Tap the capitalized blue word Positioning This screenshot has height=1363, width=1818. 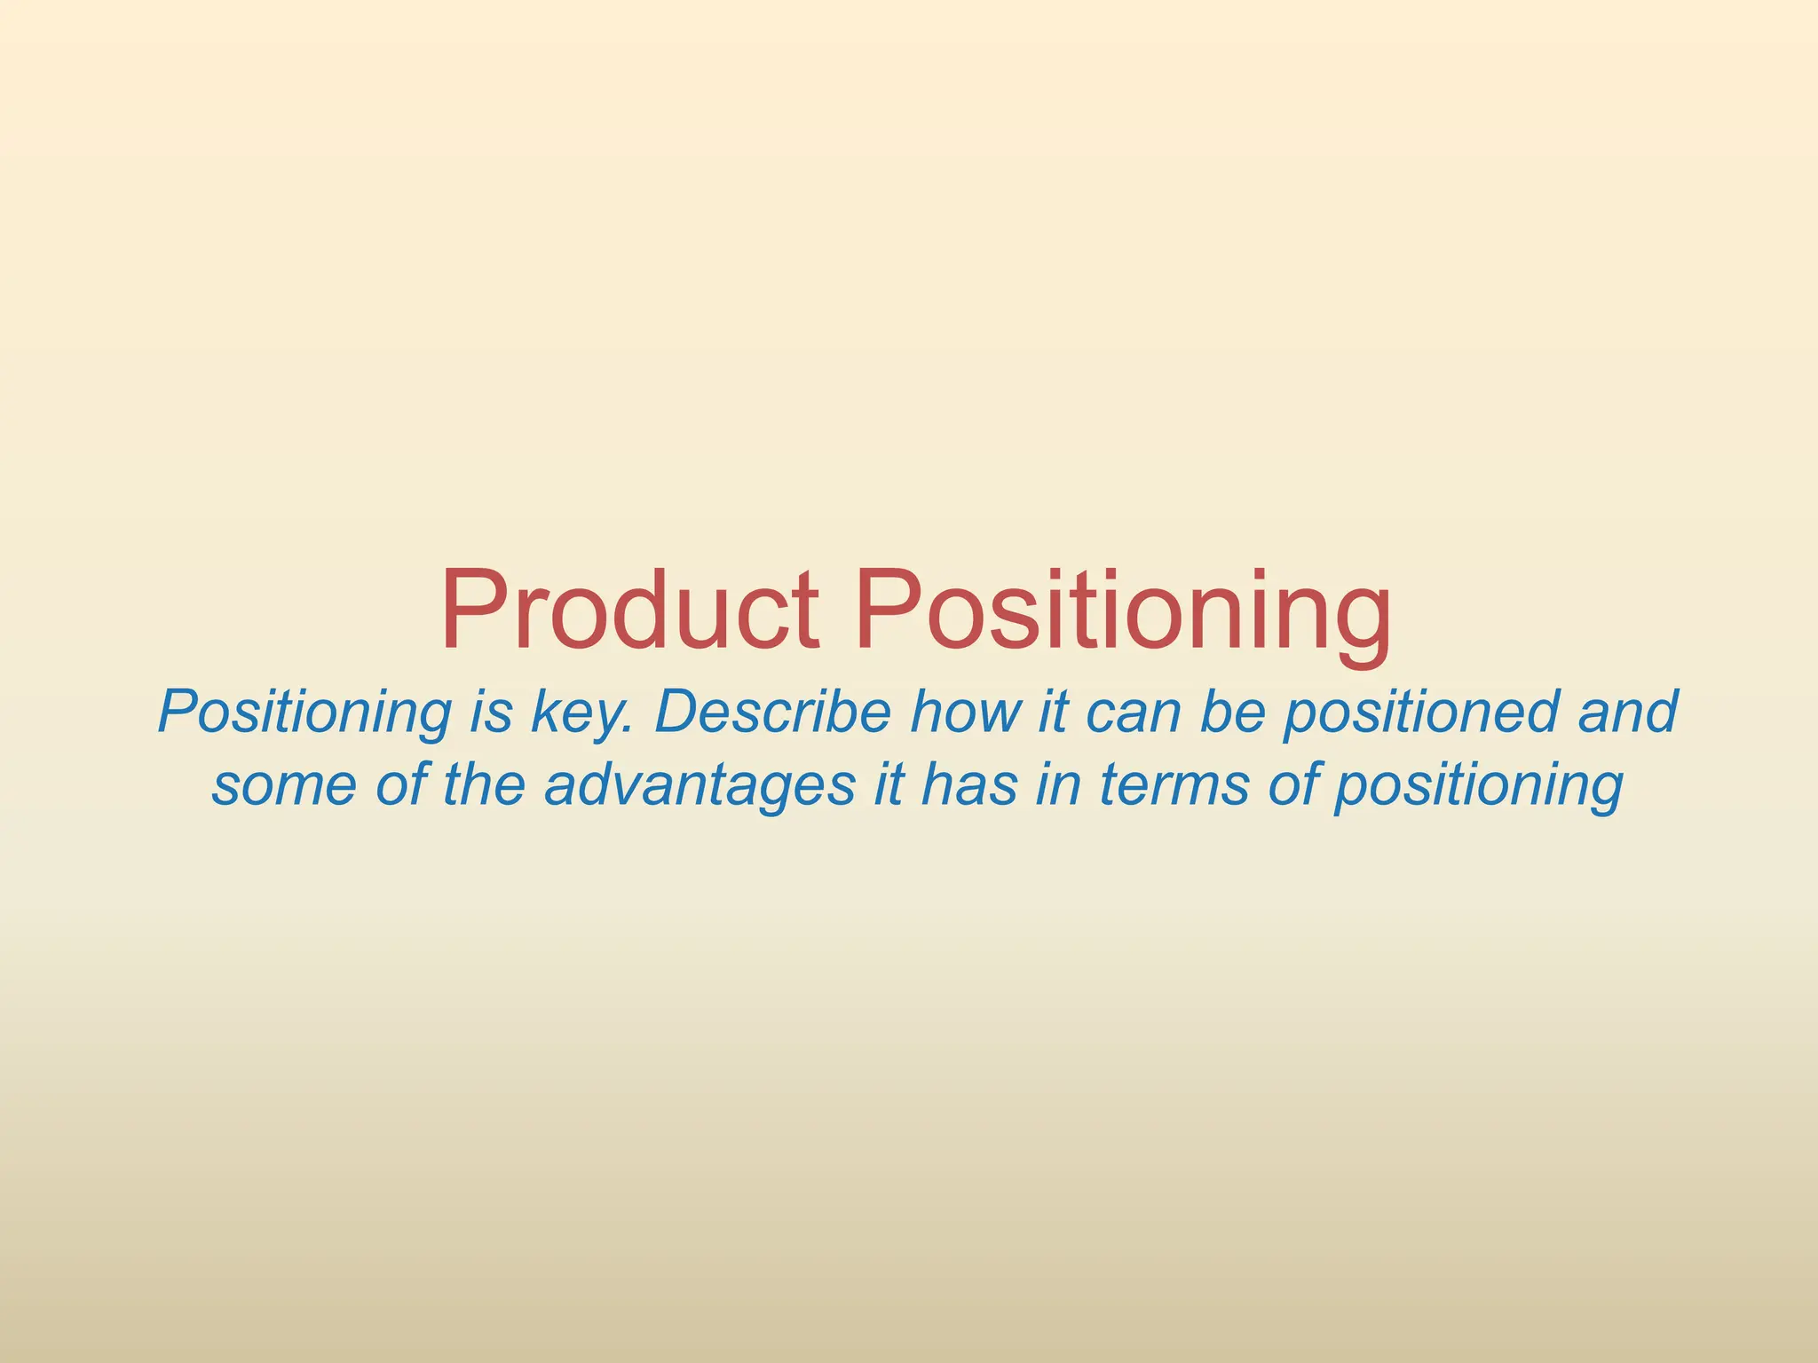(x=304, y=713)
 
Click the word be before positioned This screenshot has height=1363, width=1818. (x=1233, y=712)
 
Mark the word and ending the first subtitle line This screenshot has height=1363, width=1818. (x=1627, y=712)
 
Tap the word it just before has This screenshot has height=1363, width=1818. (x=888, y=784)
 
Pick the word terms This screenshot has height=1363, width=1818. (x=1174, y=786)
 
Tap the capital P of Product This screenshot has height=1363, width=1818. (x=472, y=611)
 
